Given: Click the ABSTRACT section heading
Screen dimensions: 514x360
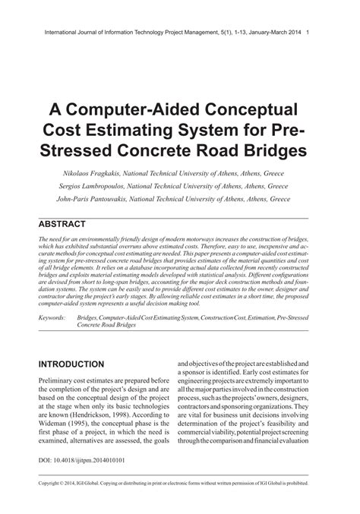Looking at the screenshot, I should coord(62,224).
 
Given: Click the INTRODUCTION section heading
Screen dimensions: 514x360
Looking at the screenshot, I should coord(71,364).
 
